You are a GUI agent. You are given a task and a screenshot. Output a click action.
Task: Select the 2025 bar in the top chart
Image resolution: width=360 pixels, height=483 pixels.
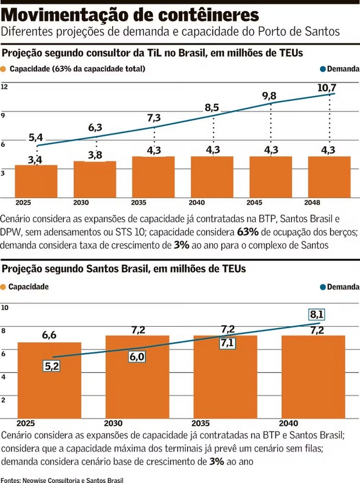[36, 181]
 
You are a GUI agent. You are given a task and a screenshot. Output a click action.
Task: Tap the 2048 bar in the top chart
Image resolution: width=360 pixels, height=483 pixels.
[329, 177]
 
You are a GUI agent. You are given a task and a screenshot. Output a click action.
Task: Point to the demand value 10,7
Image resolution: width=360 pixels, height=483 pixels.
[327, 88]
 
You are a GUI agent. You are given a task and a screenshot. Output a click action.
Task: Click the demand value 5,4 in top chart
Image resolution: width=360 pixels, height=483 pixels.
[36, 137]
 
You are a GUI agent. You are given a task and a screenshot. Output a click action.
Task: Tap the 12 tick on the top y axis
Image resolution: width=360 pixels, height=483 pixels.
[5, 86]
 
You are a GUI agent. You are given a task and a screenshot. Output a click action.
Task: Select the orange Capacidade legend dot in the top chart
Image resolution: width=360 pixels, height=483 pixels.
[4, 69]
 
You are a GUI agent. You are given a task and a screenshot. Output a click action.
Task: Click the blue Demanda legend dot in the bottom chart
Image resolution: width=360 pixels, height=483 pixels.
[323, 287]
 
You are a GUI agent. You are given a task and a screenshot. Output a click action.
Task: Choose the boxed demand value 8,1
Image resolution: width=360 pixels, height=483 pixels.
[316, 315]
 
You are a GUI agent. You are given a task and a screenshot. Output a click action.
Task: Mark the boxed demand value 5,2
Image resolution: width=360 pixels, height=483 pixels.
[52, 366]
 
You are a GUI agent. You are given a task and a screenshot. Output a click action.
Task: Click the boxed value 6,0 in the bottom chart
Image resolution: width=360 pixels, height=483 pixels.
[137, 357]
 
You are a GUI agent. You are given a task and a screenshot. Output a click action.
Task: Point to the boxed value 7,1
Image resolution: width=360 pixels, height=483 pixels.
[227, 343]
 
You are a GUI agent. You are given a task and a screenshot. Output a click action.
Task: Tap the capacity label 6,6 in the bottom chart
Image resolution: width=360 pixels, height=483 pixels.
[49, 335]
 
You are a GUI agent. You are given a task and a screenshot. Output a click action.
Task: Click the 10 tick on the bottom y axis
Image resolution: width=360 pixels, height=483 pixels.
[5, 307]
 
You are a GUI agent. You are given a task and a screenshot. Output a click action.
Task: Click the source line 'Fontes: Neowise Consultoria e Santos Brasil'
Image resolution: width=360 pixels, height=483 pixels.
[62, 480]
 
